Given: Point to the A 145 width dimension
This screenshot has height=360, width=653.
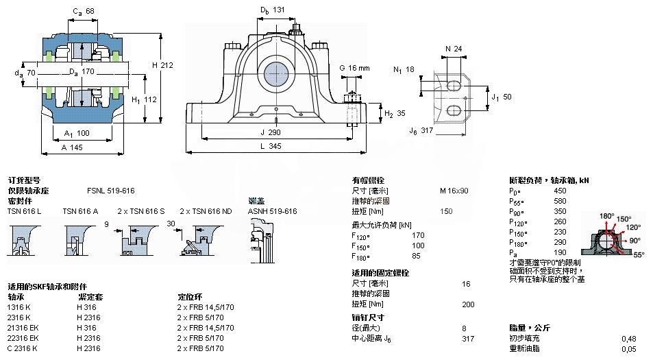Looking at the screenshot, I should point(71,146).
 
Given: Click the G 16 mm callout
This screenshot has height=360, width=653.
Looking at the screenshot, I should point(354,68).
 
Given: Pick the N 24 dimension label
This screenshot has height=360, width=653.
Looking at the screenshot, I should point(453,49).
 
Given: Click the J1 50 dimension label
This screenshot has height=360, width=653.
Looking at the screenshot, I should point(500,97).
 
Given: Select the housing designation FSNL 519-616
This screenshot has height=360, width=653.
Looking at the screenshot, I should point(110,190).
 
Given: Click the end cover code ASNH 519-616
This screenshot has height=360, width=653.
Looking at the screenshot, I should point(272,211).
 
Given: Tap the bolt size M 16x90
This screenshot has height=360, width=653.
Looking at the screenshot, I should point(454,190).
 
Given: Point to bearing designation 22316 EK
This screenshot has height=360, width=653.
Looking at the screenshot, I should point(23,338).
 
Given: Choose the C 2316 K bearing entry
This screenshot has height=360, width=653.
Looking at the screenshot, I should point(23,348).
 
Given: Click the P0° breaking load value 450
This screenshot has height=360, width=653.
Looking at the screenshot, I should point(560,190).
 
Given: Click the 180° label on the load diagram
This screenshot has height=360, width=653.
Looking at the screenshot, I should point(606,216).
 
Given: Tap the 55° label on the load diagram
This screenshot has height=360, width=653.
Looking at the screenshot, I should point(639,254).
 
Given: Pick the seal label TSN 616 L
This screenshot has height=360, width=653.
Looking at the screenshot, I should point(24,211).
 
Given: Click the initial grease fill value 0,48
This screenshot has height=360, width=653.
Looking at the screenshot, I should point(628,339).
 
